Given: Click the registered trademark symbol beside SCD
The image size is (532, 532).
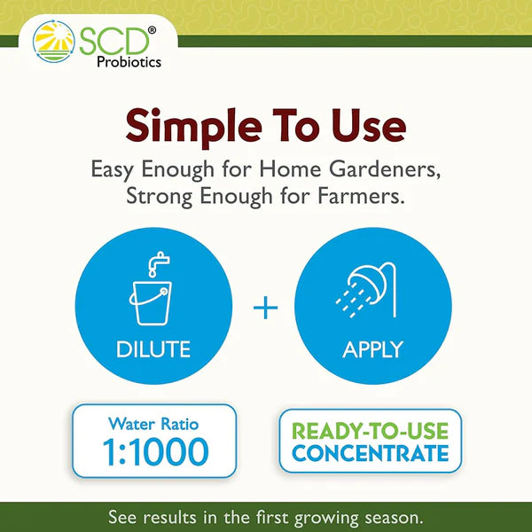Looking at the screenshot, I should click(151, 29).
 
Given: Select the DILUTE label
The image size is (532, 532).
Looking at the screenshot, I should click(153, 349).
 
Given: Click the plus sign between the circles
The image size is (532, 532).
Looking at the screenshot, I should click(265, 309).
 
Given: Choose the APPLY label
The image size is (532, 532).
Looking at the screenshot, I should click(372, 349).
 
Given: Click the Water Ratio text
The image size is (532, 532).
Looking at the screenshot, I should click(153, 424).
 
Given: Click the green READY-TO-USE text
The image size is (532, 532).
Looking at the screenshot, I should click(370, 432).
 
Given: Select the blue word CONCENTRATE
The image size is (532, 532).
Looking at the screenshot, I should click(370, 455).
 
